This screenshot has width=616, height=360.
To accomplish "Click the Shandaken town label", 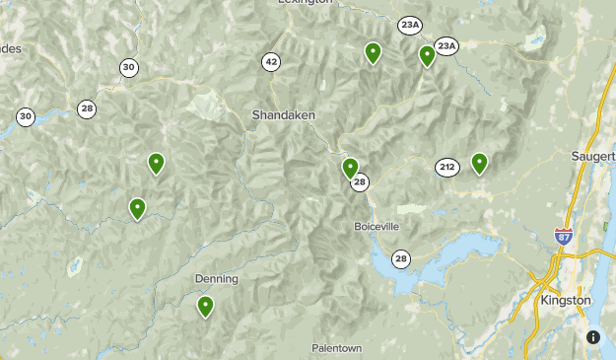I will tap(283, 114).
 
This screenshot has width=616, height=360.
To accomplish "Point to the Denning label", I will tap(216, 279).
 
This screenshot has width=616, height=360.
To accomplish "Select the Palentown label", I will tap(337, 348).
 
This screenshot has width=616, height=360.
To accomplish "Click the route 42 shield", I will tap(271, 62).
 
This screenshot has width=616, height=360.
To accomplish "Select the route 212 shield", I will tap(447, 168).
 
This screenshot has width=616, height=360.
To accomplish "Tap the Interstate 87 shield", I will tap(562, 235).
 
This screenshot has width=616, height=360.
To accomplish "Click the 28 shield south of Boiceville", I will tap(400, 258).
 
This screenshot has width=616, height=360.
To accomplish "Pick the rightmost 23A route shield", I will tap(447, 46).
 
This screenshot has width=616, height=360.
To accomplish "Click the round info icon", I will tap(593, 336).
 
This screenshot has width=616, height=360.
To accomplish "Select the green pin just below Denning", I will tap(205, 306).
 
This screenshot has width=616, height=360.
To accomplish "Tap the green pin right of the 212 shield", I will tap(479, 163).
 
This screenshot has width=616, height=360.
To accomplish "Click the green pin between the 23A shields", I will tap(427, 55).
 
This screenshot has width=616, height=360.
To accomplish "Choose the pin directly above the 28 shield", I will tap(350, 168).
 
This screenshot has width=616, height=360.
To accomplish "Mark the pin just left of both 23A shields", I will tap(373, 53).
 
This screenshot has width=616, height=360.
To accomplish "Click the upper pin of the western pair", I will tap(156, 163).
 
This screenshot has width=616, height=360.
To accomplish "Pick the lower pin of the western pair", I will tap(137, 208).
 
